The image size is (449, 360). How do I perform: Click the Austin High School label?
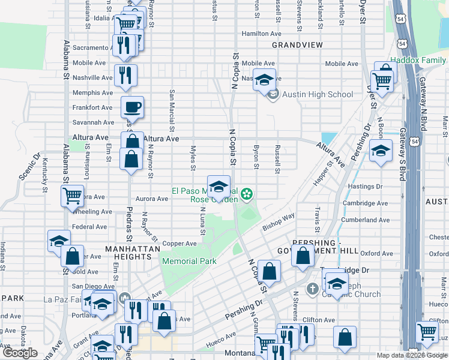(317, 94)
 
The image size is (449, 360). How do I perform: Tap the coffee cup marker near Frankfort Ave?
(132, 107)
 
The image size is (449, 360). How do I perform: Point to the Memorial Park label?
(188, 261)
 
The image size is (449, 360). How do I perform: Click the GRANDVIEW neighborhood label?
(297, 45)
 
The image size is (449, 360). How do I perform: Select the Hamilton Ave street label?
(261, 34)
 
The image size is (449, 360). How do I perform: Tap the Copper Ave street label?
(179, 244)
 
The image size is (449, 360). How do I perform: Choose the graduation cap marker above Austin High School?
(264, 80)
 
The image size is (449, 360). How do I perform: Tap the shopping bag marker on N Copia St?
(270, 271)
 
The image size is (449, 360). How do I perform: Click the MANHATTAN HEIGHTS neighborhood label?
(128, 252)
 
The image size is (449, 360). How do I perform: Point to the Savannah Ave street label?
(92, 122)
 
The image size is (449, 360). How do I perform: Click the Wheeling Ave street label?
(92, 212)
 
